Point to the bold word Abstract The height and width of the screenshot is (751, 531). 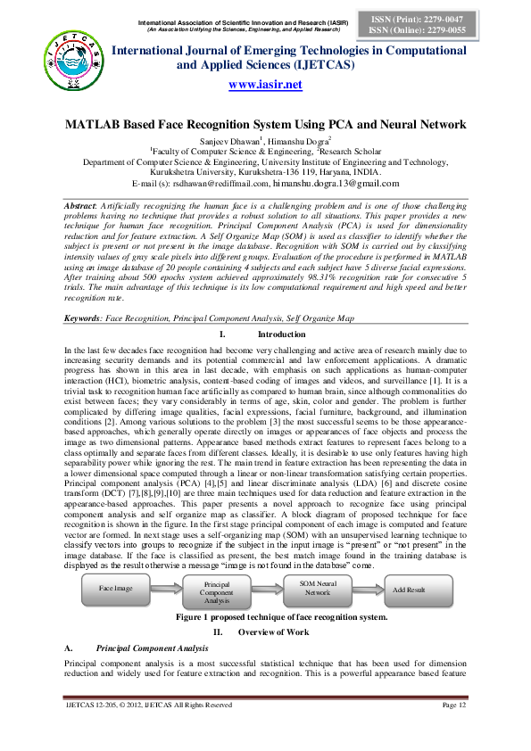click(x=83, y=205)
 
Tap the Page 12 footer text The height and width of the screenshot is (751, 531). click(x=455, y=730)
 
